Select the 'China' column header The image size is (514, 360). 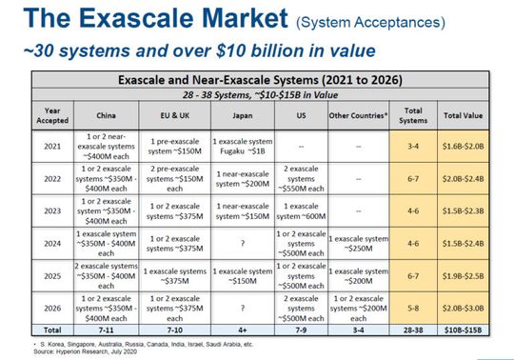coord(102,116)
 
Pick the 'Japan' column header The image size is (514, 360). coord(243,116)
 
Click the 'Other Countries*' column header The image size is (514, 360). coord(358,116)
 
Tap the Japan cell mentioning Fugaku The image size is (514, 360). coord(243,148)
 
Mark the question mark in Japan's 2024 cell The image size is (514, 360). coord(243,243)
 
